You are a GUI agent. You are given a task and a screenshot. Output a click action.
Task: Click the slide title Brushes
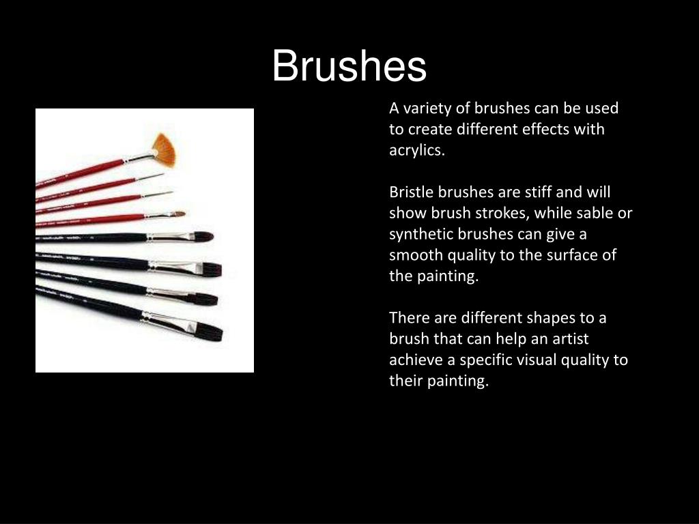coord(349,67)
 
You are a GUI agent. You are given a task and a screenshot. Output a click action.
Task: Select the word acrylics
coord(416,151)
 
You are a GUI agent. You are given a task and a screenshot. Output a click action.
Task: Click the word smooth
coord(416,256)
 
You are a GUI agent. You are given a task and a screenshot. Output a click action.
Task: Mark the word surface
coord(572,256)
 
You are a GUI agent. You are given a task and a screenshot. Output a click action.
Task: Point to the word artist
coord(569,339)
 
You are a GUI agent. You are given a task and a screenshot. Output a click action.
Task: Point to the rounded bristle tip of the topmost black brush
coord(202,236)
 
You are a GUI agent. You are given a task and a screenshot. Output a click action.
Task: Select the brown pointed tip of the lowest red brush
coord(177,214)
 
